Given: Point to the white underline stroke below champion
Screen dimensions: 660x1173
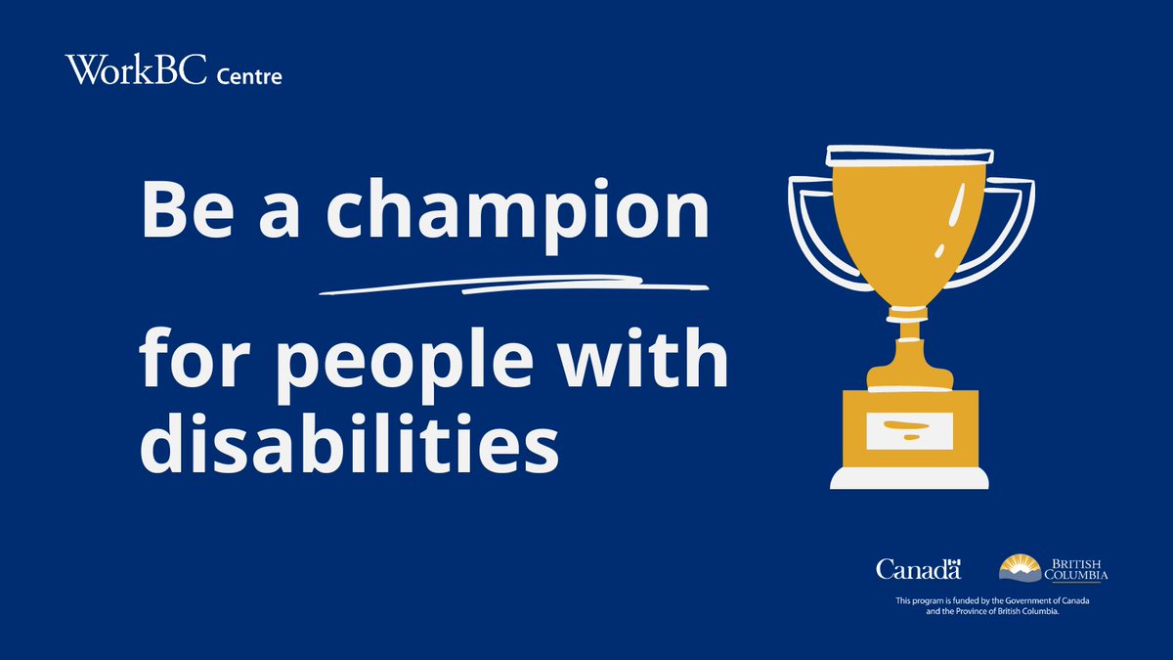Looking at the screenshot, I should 513,286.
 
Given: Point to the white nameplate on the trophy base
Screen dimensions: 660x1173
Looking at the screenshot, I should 910,431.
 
